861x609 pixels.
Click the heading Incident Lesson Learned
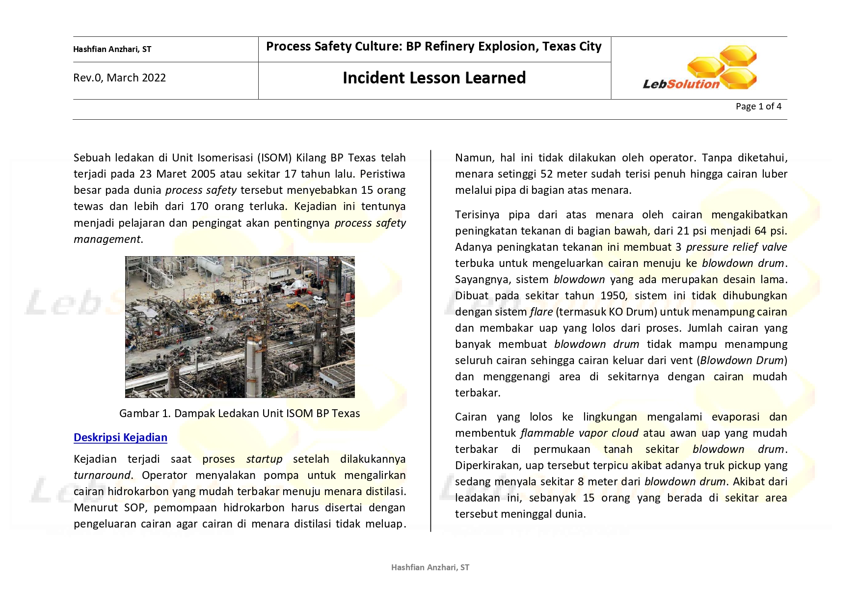tap(434, 78)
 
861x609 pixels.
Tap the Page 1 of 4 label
tap(758, 106)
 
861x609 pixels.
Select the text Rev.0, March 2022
tap(119, 78)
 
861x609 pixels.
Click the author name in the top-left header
tap(112, 49)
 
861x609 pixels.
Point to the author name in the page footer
tap(430, 567)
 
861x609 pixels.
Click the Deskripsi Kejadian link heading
tap(120, 437)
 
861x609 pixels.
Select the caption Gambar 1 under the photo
tap(240, 413)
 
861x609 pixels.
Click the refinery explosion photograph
tap(240, 327)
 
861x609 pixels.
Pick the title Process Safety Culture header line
tap(433, 47)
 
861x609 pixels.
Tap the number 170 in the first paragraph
tap(199, 207)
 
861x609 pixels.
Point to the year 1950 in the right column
tap(613, 296)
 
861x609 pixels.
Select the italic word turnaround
tap(102, 476)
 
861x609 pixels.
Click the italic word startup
tap(264, 459)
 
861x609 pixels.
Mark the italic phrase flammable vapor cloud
tap(579, 433)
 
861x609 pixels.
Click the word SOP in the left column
tap(135, 508)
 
